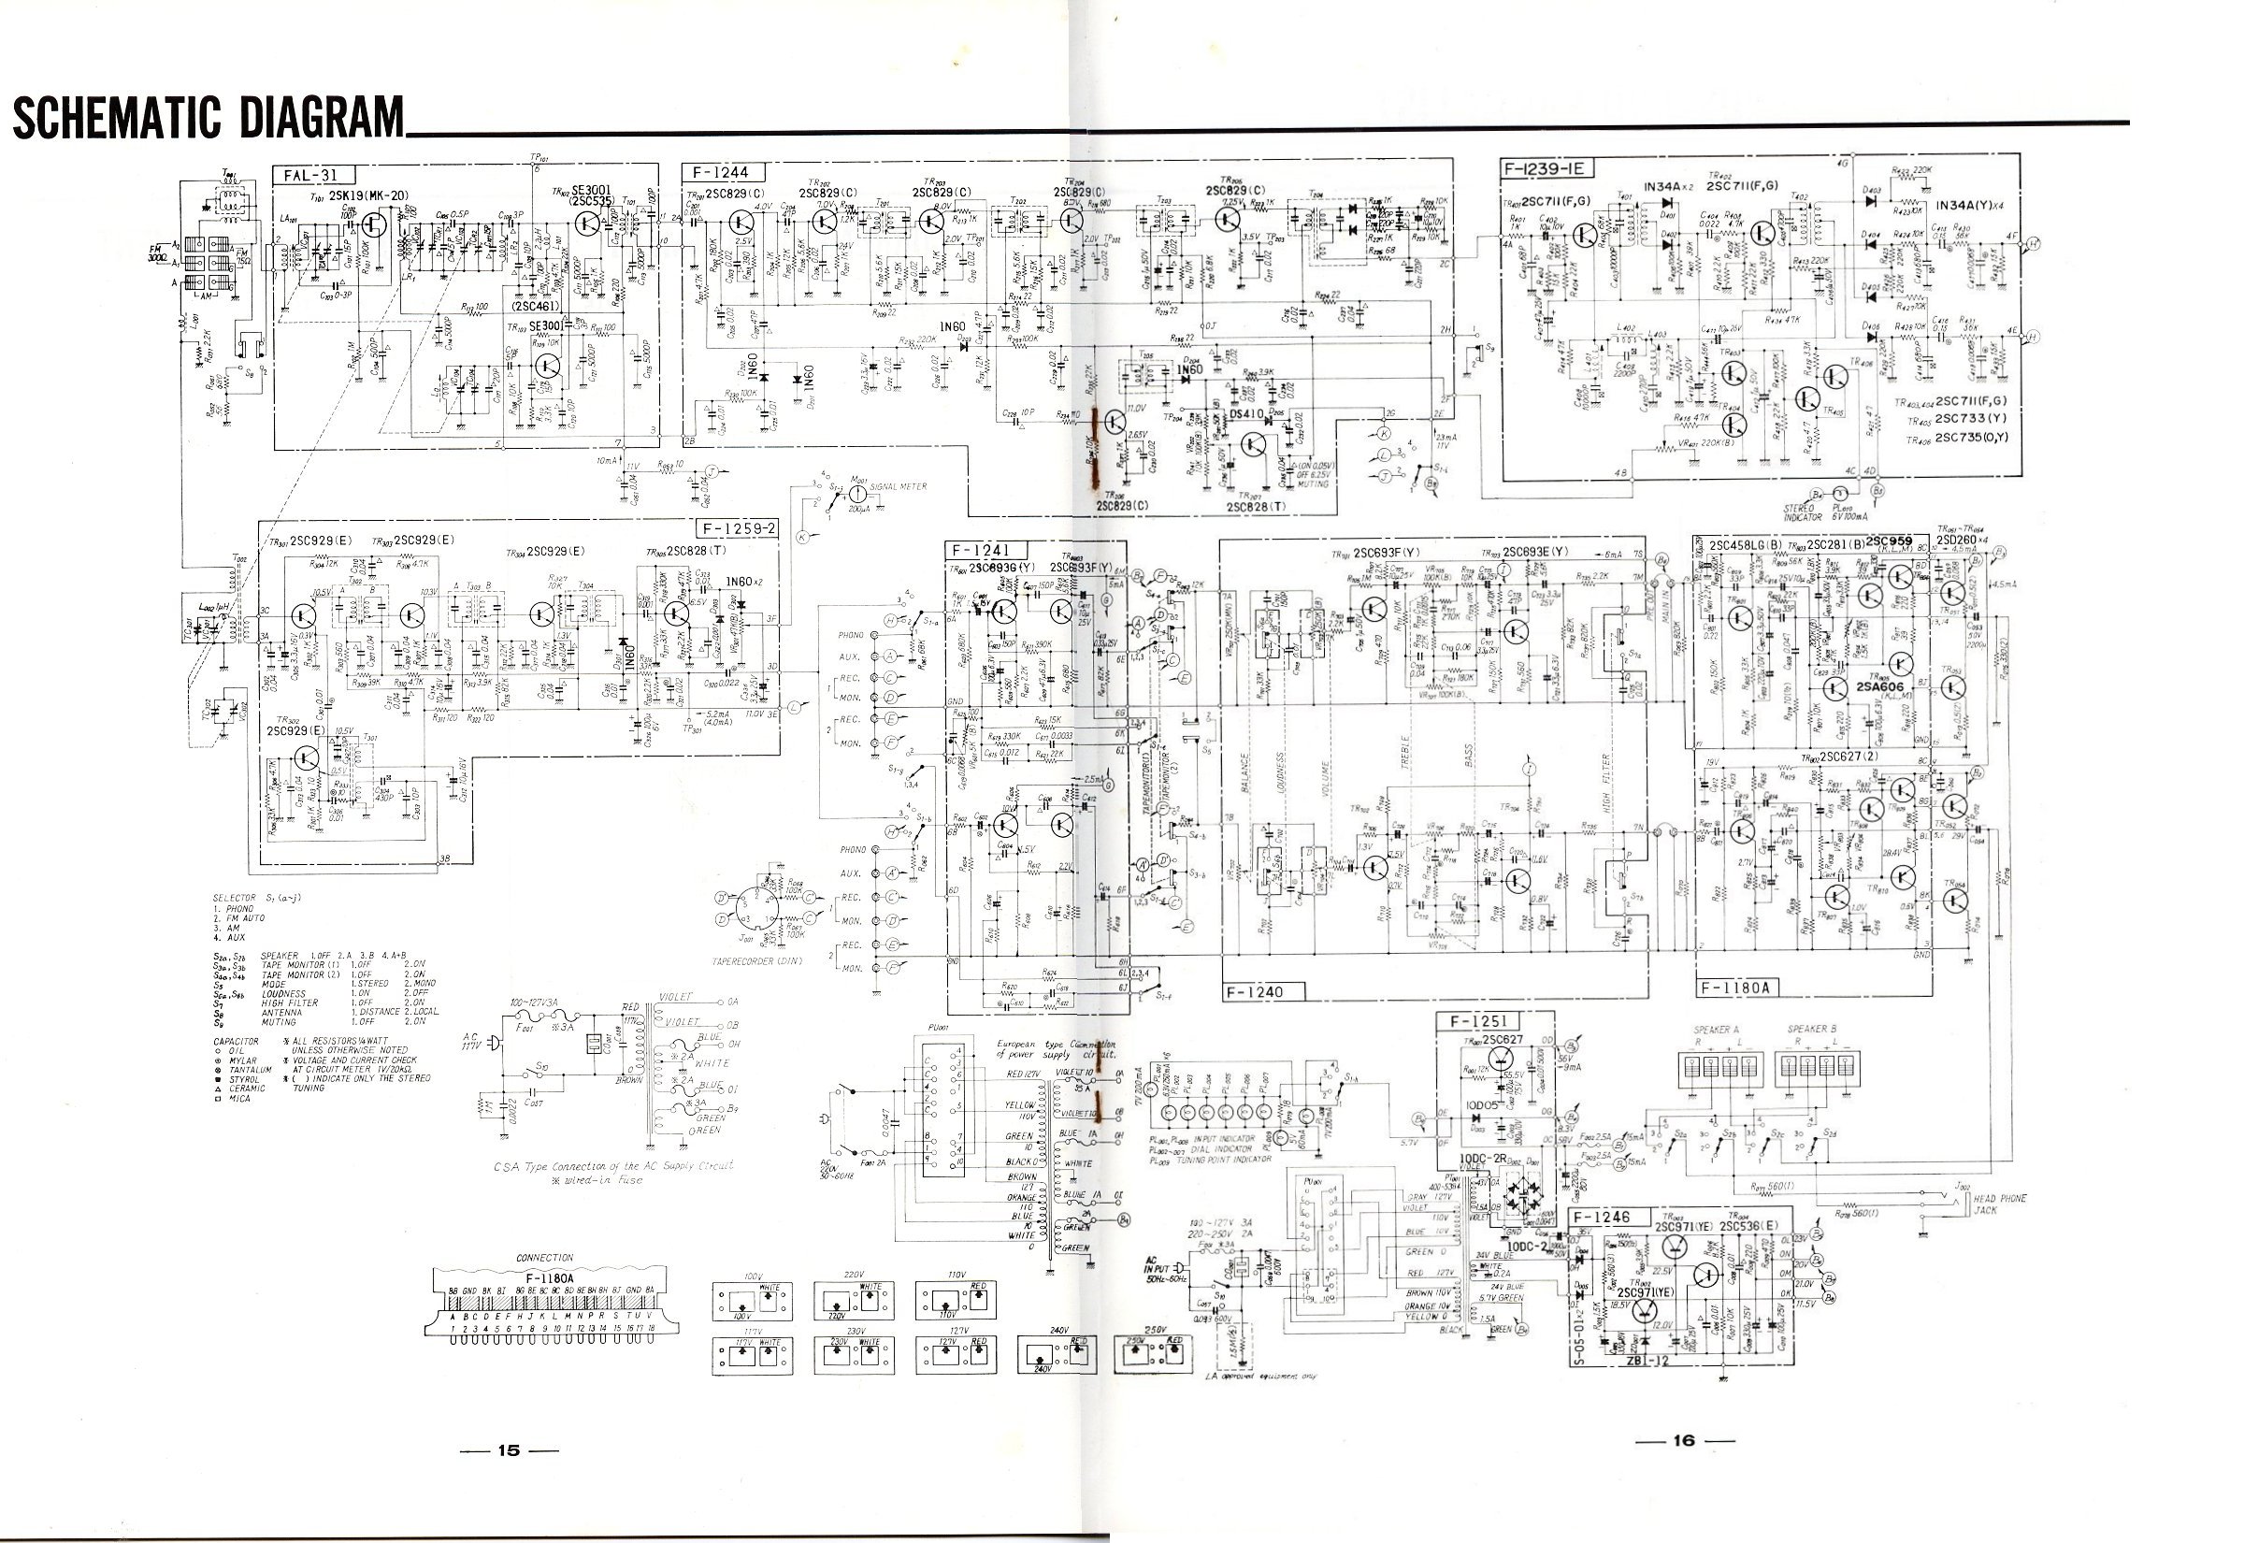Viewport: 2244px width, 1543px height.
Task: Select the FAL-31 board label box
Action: click(x=317, y=176)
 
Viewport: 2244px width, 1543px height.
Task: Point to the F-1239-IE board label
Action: click(x=1547, y=168)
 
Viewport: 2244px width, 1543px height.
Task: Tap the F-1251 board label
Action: click(x=1478, y=1022)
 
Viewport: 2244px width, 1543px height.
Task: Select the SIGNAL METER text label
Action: click(x=898, y=486)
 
